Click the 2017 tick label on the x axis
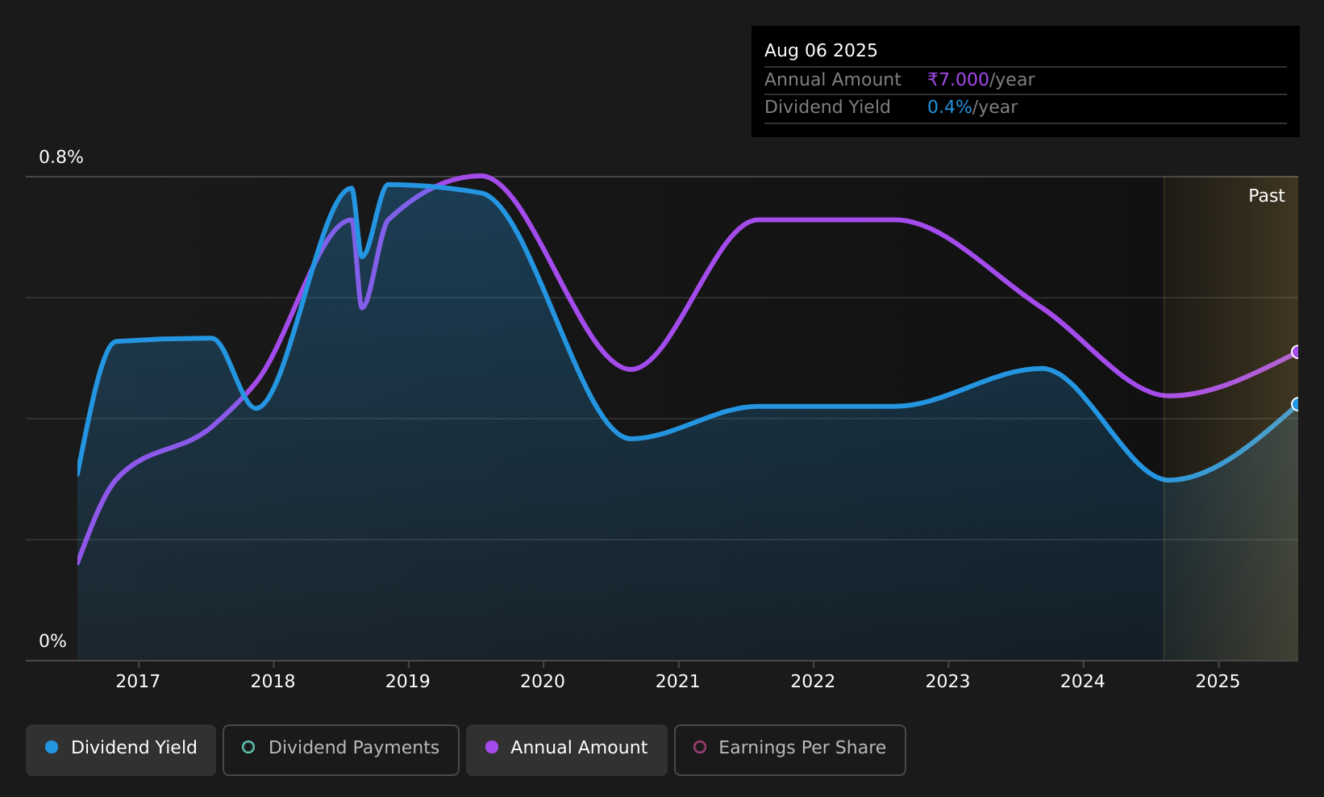pos(138,682)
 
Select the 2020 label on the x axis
pos(543,682)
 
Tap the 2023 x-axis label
pos(947,682)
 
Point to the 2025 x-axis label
pos(1218,682)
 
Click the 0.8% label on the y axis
pos(61,157)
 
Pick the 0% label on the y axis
pos(52,641)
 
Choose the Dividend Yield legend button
pos(121,749)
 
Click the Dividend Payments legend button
pos(341,749)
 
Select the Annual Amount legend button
pos(566,749)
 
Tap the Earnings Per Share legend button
pos(789,749)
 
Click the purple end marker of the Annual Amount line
pos(1297,353)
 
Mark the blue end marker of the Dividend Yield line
pos(1297,404)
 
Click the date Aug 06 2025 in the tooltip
pos(820,51)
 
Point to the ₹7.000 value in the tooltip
pos(958,80)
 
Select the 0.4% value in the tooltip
pos(949,107)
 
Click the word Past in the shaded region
pos(1266,196)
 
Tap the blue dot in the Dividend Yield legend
pos(52,747)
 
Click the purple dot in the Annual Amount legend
pos(491,747)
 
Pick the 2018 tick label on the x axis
pos(273,682)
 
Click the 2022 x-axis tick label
pos(813,682)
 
